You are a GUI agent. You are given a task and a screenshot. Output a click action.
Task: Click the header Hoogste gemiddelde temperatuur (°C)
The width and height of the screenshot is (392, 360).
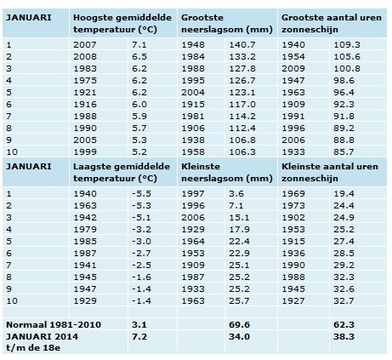point(122,24)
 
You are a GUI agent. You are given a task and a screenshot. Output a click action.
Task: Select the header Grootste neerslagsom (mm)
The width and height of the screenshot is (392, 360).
point(227,24)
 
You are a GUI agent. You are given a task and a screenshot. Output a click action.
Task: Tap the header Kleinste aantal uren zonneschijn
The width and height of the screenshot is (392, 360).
point(330,173)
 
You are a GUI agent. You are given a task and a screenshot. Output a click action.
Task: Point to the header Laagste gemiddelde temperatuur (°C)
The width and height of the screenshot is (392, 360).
point(122,173)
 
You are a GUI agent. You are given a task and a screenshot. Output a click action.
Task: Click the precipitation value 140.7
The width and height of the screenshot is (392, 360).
point(242,45)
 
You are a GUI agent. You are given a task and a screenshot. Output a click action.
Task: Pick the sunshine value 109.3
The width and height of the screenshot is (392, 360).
point(347,45)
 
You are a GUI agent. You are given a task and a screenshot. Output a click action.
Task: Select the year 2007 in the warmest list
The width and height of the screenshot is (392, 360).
point(85,45)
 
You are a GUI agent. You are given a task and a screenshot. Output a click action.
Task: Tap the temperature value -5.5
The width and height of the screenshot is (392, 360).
point(141,194)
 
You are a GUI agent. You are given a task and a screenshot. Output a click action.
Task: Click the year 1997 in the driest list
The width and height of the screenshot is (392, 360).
point(193,194)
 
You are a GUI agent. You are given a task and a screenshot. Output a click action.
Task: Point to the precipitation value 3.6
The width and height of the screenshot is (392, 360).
point(236,194)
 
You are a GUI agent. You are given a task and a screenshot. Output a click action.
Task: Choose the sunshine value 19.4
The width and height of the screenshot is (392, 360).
point(344,194)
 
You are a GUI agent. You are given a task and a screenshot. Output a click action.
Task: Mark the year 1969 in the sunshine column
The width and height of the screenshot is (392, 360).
point(293,194)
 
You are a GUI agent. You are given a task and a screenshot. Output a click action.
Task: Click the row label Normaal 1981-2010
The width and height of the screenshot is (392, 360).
point(54,324)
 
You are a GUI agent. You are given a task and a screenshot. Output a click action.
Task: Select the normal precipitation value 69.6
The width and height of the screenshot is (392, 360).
point(239,324)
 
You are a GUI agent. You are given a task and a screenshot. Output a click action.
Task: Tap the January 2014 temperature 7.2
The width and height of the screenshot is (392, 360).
point(139,337)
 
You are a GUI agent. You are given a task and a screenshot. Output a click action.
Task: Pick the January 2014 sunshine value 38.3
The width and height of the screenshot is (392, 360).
point(344,337)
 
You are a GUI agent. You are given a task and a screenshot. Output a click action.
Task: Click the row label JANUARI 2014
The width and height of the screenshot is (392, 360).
point(43,337)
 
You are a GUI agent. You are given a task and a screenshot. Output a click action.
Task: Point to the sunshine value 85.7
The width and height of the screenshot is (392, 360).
point(344,152)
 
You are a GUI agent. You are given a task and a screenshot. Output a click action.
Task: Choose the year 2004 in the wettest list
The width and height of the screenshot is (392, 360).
point(193,93)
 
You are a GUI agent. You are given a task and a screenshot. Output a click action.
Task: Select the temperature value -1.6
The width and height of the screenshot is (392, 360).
point(141,277)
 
